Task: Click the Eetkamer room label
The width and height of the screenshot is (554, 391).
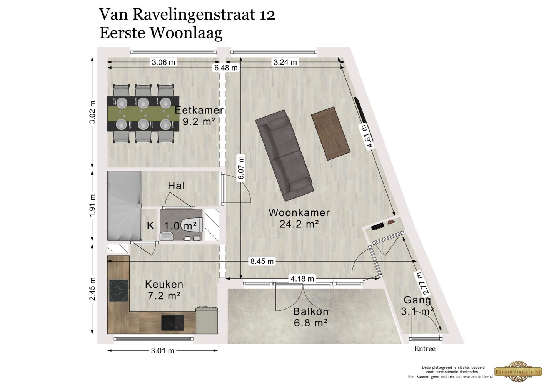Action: click(199, 110)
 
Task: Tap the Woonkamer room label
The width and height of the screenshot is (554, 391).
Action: click(299, 213)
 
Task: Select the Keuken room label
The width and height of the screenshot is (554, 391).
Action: click(164, 285)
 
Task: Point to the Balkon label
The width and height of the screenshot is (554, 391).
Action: click(311, 311)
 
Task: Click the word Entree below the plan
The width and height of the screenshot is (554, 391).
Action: click(425, 349)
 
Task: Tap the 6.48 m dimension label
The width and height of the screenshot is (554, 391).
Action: click(226, 68)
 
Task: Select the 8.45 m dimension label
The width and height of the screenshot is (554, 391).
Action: click(262, 262)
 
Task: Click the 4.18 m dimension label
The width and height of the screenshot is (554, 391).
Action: click(302, 278)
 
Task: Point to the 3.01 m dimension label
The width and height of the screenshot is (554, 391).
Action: click(163, 351)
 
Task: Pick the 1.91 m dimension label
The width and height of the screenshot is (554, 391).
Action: click(92, 205)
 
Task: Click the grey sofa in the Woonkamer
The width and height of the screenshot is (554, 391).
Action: click(284, 155)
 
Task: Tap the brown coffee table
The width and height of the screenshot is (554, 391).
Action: click(330, 133)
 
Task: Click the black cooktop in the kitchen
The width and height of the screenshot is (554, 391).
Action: click(118, 291)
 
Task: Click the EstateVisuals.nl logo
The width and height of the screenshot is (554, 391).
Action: click(518, 371)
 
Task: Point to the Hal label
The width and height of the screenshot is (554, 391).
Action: click(176, 186)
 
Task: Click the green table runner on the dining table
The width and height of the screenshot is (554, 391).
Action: click(143, 114)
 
